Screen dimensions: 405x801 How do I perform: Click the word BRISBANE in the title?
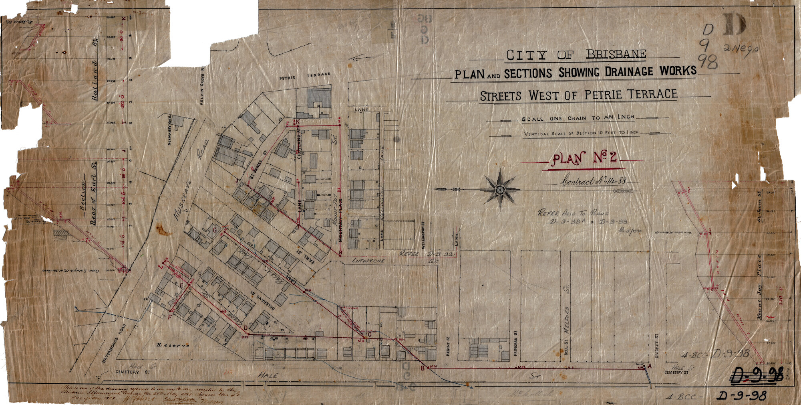coord(616,54)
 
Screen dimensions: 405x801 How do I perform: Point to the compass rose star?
coord(500,189)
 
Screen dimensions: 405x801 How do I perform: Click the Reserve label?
coord(173,345)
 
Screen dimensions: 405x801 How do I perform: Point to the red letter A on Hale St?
coord(649,366)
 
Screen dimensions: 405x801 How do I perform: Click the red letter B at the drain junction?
coord(422,369)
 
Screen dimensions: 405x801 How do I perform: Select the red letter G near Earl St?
coord(215,230)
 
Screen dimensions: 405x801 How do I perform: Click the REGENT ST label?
coord(448,346)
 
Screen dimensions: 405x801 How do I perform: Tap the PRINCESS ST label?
coord(515,343)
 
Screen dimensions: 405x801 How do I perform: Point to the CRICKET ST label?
coord(657,346)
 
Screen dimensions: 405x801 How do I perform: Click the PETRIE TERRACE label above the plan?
coord(305,76)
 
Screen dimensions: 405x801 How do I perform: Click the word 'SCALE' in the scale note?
coord(532,119)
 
